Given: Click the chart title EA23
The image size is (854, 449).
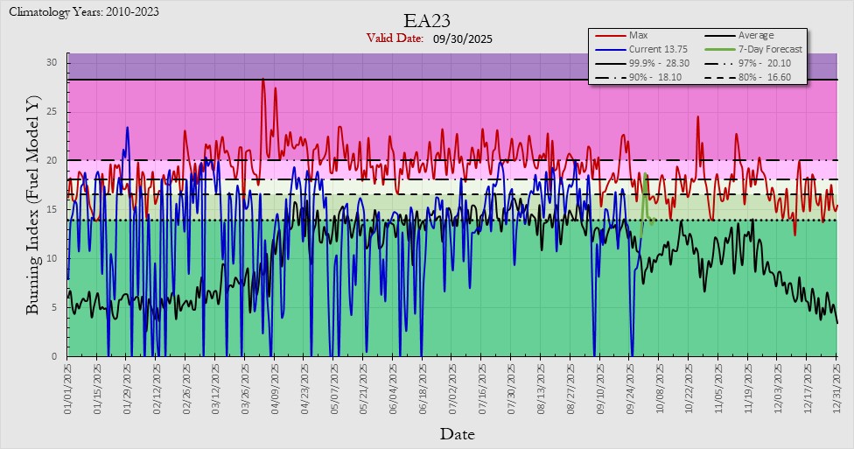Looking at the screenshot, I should tap(426, 20).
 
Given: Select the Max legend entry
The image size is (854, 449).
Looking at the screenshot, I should tap(638, 35).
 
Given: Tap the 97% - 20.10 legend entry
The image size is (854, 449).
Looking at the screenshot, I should tap(770, 63).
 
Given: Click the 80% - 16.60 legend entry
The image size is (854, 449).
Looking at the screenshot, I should tap(770, 77).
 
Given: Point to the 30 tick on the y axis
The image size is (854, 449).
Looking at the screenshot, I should tap(52, 63).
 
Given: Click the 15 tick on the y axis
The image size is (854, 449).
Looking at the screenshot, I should tap(52, 209).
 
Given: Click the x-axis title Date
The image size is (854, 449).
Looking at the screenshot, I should tap(458, 433).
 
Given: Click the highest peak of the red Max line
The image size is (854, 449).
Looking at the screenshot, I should tap(262, 80).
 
